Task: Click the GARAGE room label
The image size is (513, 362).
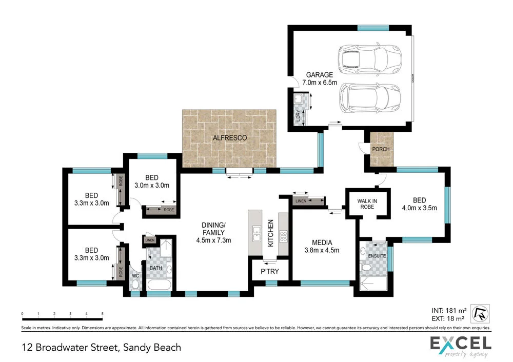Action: (320, 75)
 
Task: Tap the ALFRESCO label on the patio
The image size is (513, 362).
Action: (230, 138)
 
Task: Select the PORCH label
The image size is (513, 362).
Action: (381, 150)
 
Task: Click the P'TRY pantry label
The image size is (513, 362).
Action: (269, 271)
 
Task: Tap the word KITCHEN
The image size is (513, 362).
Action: (270, 234)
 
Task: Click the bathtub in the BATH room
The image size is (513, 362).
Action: (160, 286)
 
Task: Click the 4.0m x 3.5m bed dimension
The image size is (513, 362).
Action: (419, 208)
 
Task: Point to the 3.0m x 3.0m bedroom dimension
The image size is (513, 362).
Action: (152, 185)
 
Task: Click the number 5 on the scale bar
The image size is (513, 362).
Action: (103, 314)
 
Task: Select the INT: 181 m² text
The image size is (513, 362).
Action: (448, 310)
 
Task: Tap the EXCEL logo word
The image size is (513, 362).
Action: (460, 343)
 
